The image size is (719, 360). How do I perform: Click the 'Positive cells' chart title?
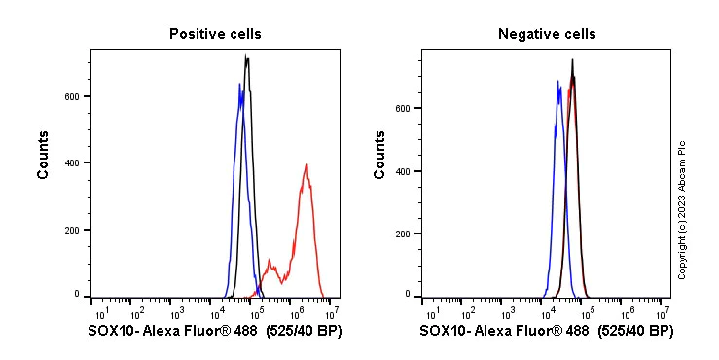tap(214, 34)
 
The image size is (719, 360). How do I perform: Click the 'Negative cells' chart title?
tap(547, 34)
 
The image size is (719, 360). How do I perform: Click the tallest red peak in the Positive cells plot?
tap(306, 164)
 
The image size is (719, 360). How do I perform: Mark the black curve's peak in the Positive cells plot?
tap(247, 56)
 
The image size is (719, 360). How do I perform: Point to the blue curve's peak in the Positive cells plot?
tap(239, 85)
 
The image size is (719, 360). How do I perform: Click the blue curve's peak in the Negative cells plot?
tap(557, 82)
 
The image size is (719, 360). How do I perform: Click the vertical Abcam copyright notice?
tap(682, 209)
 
